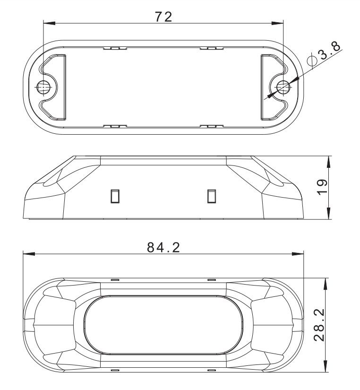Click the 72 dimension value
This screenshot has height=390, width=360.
(x=163, y=17)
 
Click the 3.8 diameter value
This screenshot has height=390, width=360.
(x=330, y=51)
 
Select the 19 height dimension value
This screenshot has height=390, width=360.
(x=323, y=187)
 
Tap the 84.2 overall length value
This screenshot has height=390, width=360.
(x=163, y=248)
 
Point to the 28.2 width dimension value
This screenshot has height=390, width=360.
(x=319, y=325)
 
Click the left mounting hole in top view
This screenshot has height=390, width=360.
(x=43, y=87)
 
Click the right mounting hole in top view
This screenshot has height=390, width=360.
(x=283, y=87)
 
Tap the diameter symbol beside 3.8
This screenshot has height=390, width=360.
(x=311, y=60)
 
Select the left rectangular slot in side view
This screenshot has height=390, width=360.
(x=115, y=196)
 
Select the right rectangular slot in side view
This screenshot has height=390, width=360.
(x=212, y=196)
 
